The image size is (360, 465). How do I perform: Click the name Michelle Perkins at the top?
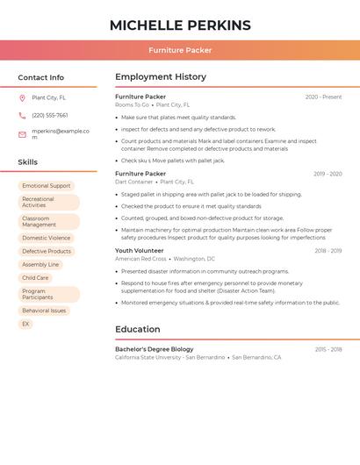point(180,25)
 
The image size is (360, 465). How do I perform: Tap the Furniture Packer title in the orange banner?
point(180,50)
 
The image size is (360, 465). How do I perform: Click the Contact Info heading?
point(40,77)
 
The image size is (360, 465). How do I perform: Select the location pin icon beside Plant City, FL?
point(22,97)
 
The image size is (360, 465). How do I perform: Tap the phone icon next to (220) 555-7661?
point(22,115)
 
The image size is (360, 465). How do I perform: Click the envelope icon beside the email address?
point(22,134)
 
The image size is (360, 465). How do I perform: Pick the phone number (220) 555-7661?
point(50,115)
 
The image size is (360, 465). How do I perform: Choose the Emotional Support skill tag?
point(47,186)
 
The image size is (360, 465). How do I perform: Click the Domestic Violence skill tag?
point(47,238)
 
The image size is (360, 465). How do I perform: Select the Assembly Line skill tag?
point(40,264)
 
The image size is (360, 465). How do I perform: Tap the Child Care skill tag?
point(35,277)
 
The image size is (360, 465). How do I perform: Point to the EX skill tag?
point(25,324)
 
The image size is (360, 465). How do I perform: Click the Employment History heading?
point(160,77)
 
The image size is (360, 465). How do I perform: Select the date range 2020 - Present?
point(323,97)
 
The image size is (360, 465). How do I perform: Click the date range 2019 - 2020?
point(328,174)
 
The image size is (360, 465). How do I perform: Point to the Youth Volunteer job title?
point(139,251)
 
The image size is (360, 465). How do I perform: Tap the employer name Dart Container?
point(134,182)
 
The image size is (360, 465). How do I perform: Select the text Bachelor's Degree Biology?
point(155,349)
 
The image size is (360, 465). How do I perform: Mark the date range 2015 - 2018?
point(328,349)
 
